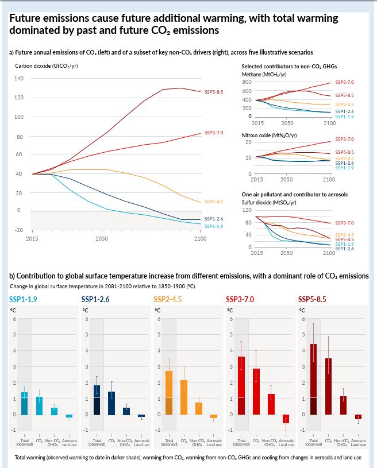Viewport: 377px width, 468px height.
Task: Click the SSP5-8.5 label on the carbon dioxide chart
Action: pos(213,92)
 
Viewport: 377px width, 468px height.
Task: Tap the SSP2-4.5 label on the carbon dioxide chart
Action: pos(213,202)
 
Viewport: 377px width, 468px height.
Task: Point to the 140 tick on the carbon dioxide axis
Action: pos(19,78)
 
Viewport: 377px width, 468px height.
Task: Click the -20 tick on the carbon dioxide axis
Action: pos(19,230)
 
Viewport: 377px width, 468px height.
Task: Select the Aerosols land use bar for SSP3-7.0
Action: pos(286,419)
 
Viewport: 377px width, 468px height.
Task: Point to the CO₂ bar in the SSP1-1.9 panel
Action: pos(39,405)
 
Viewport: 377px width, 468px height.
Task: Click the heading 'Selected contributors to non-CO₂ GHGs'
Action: pos(288,67)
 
